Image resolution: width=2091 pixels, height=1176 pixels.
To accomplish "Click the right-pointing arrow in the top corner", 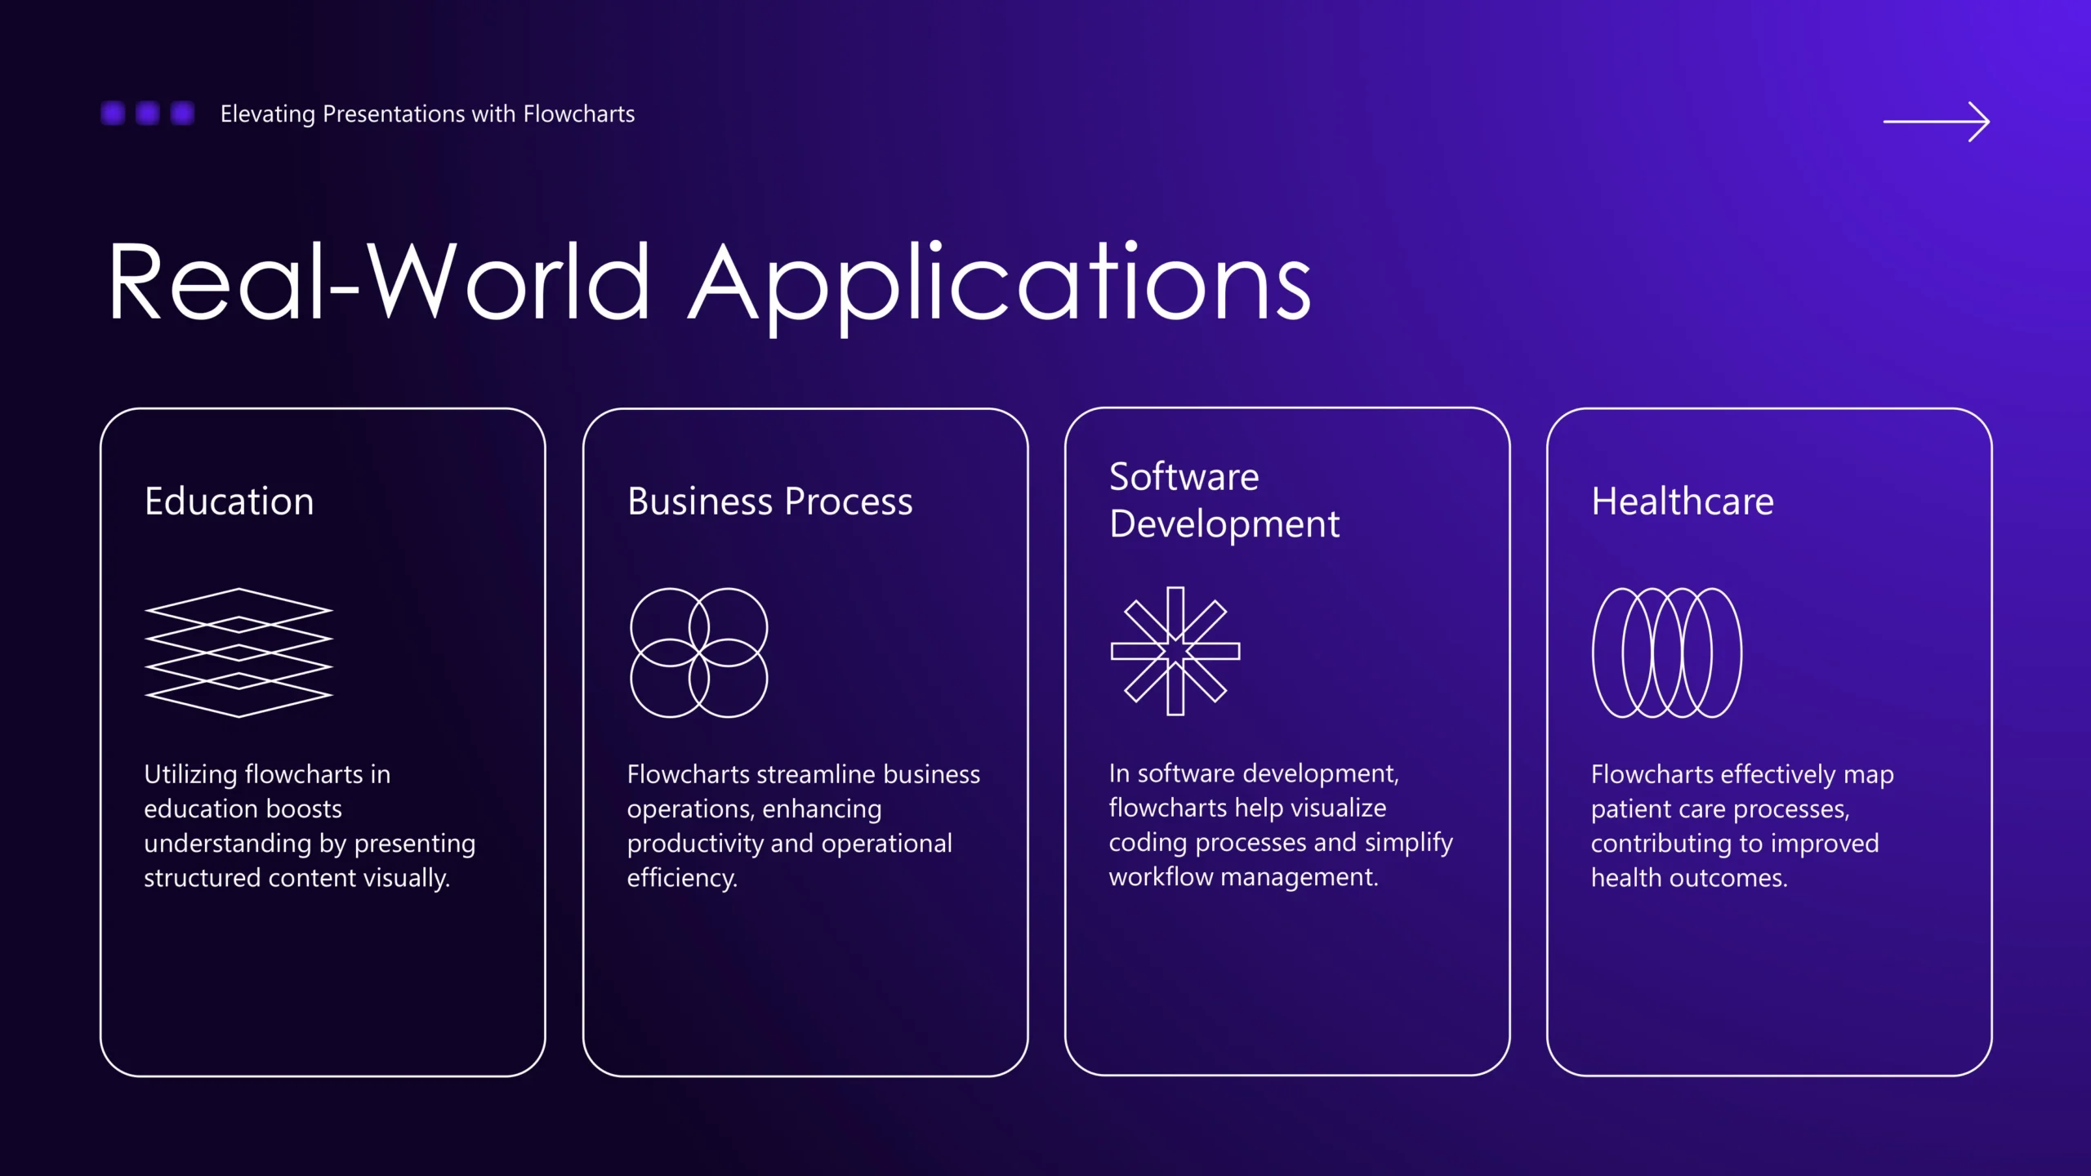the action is [1936, 122].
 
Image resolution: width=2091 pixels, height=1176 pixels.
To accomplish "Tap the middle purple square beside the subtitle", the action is [147, 113].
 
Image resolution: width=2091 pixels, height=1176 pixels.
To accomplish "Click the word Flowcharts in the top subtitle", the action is [578, 114].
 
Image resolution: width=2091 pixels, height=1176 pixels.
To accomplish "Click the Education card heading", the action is [230, 501].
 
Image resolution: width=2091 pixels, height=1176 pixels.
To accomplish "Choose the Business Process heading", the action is [769, 501].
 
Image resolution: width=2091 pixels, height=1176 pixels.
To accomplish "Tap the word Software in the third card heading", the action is [1184, 476].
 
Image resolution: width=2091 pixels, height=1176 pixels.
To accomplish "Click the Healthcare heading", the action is [1683, 501].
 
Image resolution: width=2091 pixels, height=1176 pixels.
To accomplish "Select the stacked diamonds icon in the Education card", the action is [239, 652].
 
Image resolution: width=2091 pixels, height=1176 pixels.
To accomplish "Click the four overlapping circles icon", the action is [699, 653].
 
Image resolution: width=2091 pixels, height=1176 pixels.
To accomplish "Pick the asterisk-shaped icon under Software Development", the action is [1175, 651].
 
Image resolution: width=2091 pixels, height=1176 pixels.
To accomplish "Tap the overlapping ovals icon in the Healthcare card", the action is [1667, 653].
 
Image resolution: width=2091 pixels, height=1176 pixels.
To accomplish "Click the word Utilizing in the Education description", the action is [191, 774].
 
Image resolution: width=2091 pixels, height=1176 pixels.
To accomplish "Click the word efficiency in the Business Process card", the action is [682, 878].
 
